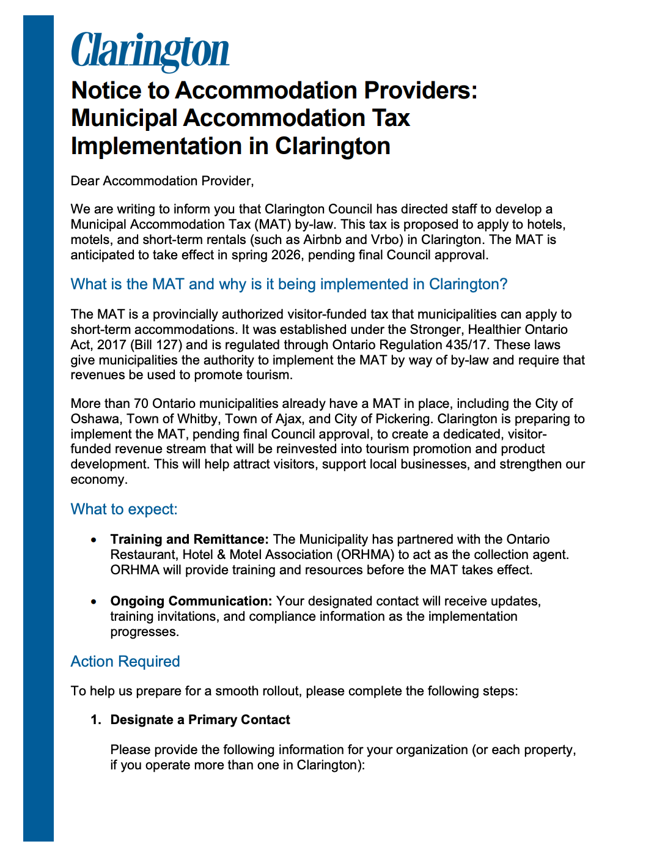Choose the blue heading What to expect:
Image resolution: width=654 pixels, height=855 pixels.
[124, 509]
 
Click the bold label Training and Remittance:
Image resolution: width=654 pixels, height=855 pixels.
[189, 539]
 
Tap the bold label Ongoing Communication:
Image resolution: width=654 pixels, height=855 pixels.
[191, 601]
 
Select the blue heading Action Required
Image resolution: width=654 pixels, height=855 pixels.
[125, 662]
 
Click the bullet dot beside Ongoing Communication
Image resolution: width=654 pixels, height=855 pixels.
[94, 602]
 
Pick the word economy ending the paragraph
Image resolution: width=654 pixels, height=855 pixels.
[98, 479]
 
